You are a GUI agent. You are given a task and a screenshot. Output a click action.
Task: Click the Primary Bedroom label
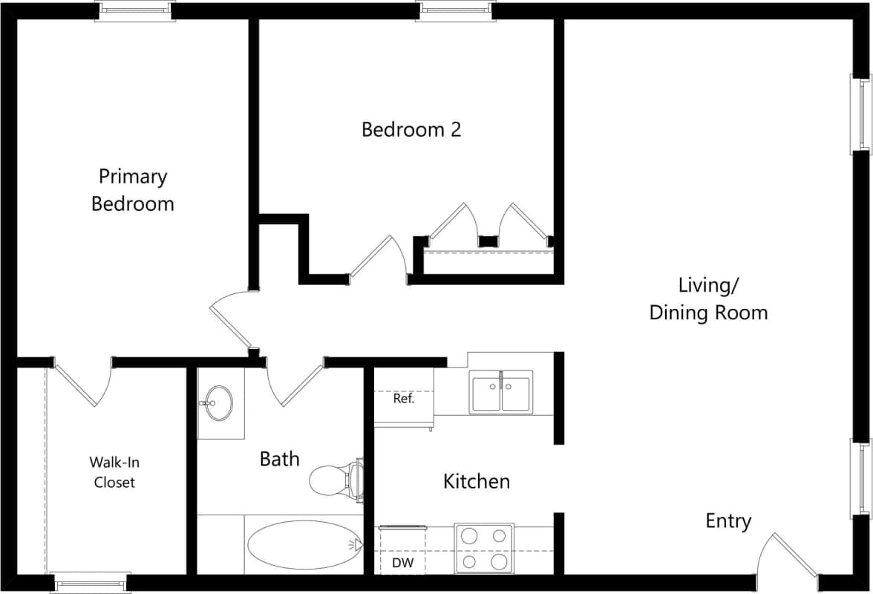[x=133, y=190]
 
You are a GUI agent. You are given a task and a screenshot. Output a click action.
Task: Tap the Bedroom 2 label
[x=411, y=129]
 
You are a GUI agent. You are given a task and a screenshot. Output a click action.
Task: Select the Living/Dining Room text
[x=708, y=298]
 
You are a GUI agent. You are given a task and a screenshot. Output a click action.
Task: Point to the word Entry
[x=728, y=521]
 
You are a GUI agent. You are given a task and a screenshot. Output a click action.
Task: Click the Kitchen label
[x=477, y=481]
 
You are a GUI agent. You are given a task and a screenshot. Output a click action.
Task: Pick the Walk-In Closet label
[x=114, y=472]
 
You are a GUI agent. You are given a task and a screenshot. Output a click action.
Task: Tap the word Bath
[x=279, y=458]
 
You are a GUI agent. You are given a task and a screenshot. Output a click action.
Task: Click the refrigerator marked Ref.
[x=404, y=398]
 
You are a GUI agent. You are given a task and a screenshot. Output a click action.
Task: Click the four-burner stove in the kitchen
[x=485, y=549]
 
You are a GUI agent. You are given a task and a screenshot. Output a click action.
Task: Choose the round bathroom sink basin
[x=218, y=403]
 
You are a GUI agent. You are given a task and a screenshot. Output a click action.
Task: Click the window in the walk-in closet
[x=91, y=581]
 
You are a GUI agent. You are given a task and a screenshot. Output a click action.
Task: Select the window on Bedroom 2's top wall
[x=455, y=10]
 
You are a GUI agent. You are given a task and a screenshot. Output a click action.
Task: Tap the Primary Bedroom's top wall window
[x=135, y=10]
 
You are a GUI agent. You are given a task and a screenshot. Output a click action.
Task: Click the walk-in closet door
[x=83, y=383]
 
